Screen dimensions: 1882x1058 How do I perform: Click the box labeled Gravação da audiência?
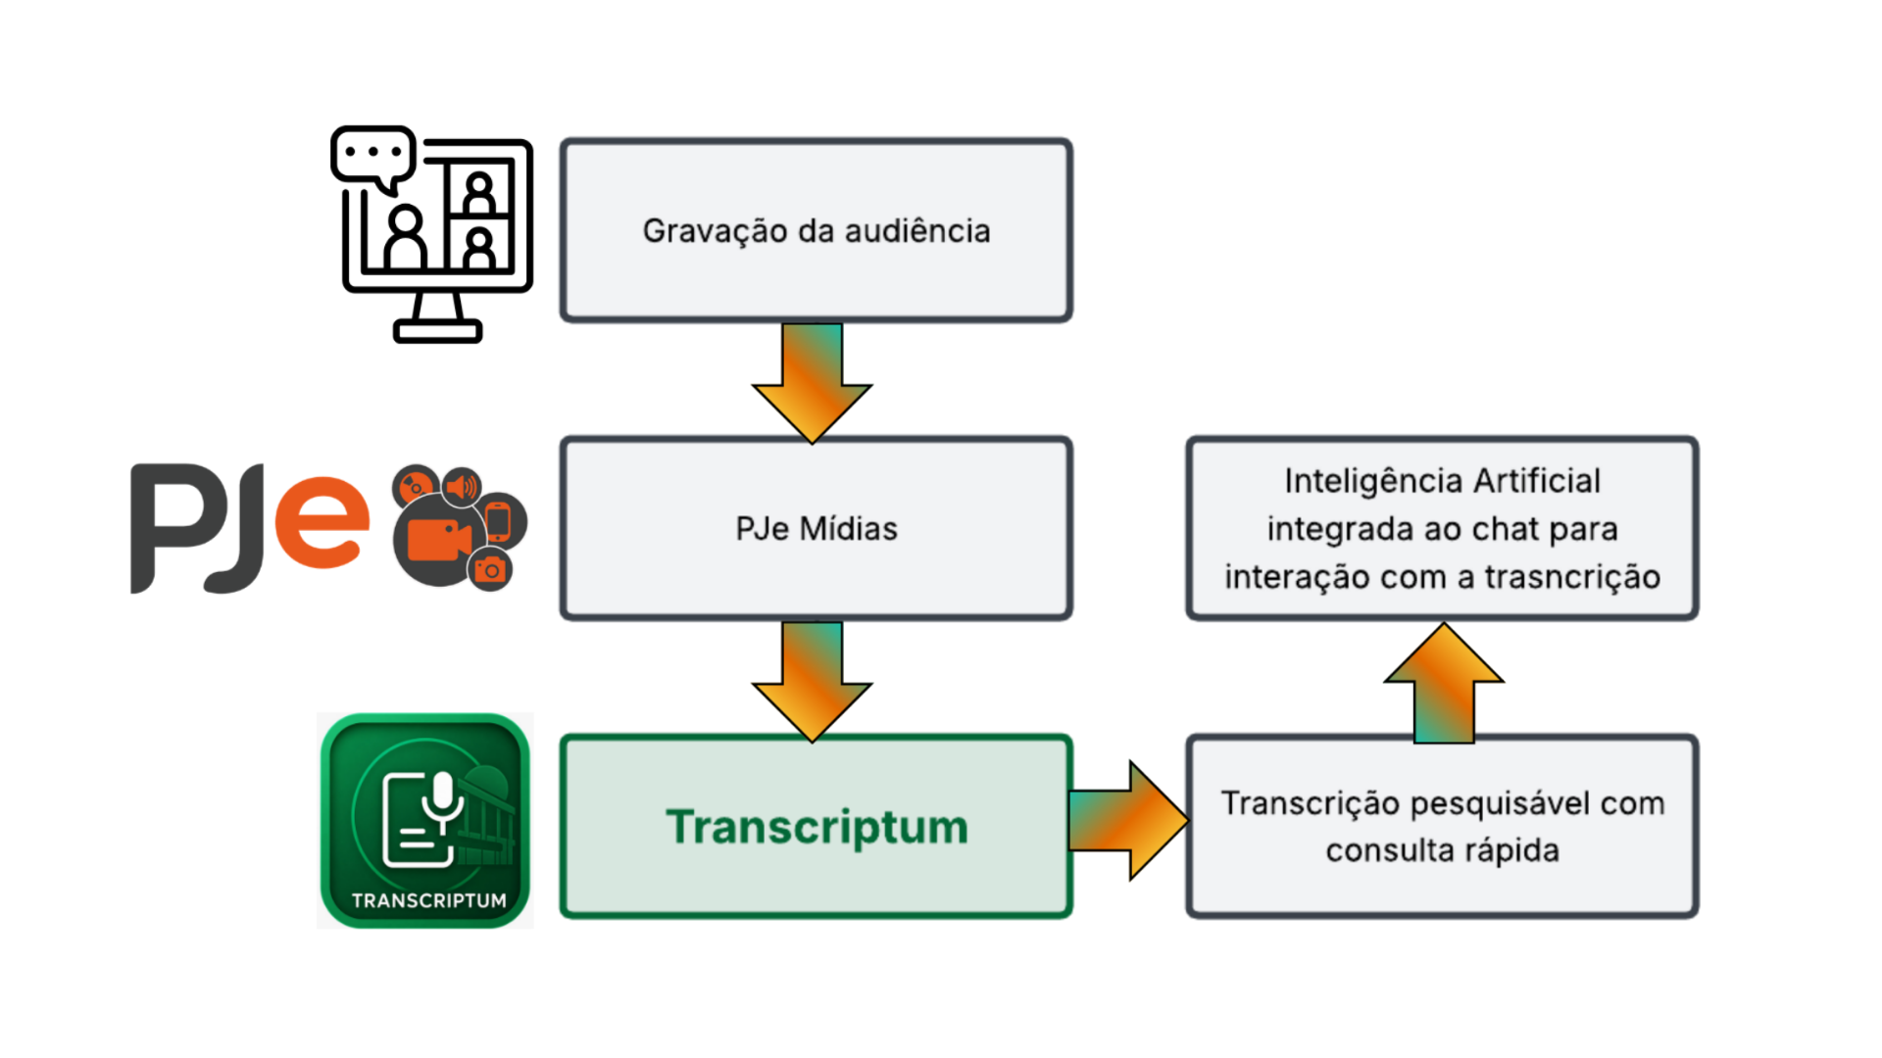tap(816, 230)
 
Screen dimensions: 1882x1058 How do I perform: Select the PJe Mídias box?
tap(816, 528)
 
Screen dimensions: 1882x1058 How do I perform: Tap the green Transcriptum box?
tap(816, 826)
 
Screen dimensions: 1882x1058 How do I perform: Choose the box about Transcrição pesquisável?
tap(1442, 826)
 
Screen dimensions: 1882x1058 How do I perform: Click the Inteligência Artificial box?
tap(1442, 528)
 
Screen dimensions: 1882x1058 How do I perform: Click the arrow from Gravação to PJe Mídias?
tap(812, 382)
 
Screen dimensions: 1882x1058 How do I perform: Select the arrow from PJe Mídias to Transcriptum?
tap(812, 681)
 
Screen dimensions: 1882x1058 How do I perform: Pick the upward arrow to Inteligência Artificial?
tap(1444, 683)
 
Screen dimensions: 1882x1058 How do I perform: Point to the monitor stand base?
tap(437, 331)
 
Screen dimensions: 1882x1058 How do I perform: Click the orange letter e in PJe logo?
tap(322, 522)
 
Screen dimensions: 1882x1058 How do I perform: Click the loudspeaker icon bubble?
tap(462, 486)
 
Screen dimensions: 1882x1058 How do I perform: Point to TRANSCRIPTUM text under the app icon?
tap(429, 900)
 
